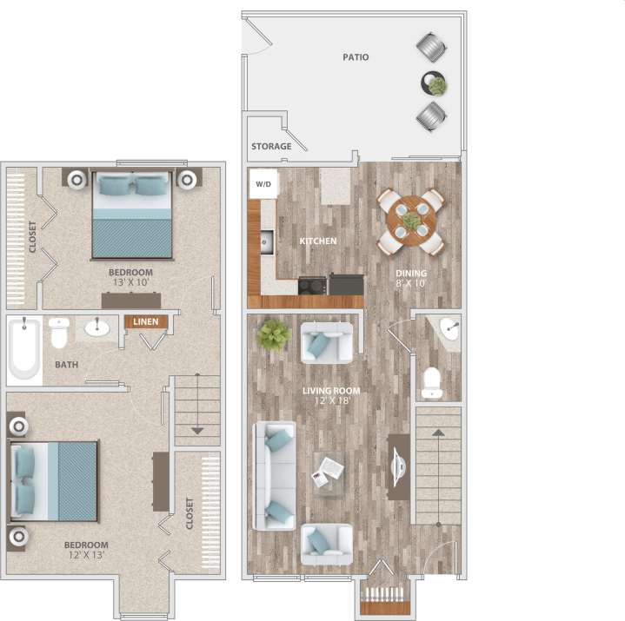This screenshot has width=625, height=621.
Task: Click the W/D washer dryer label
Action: (x=263, y=184)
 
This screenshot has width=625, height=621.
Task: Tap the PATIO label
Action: (x=355, y=57)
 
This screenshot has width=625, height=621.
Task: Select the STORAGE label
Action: (x=271, y=147)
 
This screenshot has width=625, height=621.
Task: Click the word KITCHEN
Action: (x=318, y=241)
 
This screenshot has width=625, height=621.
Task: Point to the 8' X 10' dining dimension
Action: (x=411, y=284)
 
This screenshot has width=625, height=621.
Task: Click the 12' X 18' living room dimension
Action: (x=331, y=402)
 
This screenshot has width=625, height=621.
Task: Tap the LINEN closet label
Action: (x=145, y=321)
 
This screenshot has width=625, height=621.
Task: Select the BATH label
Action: (x=66, y=364)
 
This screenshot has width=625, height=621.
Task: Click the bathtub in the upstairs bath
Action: (x=24, y=348)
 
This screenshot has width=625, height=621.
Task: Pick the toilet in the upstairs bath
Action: (x=59, y=332)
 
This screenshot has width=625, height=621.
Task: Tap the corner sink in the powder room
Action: (x=449, y=328)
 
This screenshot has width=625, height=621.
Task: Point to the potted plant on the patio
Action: (x=436, y=84)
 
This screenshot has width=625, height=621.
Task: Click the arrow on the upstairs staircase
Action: (x=197, y=430)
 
